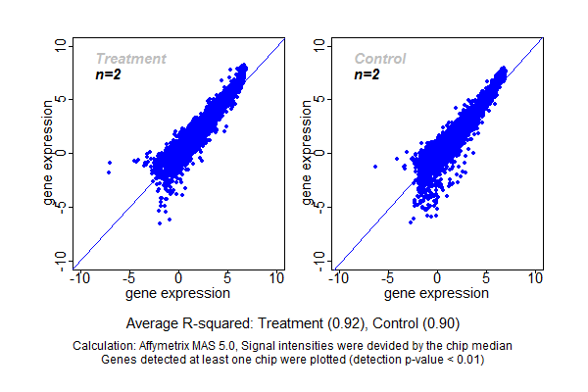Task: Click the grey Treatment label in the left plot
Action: click(130, 59)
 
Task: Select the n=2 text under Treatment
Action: click(108, 74)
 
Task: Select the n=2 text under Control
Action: click(367, 74)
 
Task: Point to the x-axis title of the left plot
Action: click(178, 293)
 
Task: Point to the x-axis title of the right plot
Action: click(437, 293)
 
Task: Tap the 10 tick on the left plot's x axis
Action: click(276, 278)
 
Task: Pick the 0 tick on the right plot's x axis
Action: click(437, 278)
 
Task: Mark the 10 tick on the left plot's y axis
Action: click(61, 45)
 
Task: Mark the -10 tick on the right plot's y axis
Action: click(319, 260)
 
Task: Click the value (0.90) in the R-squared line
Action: click(440, 322)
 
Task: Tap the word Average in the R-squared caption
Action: click(153, 322)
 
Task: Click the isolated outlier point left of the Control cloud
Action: click(375, 167)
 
